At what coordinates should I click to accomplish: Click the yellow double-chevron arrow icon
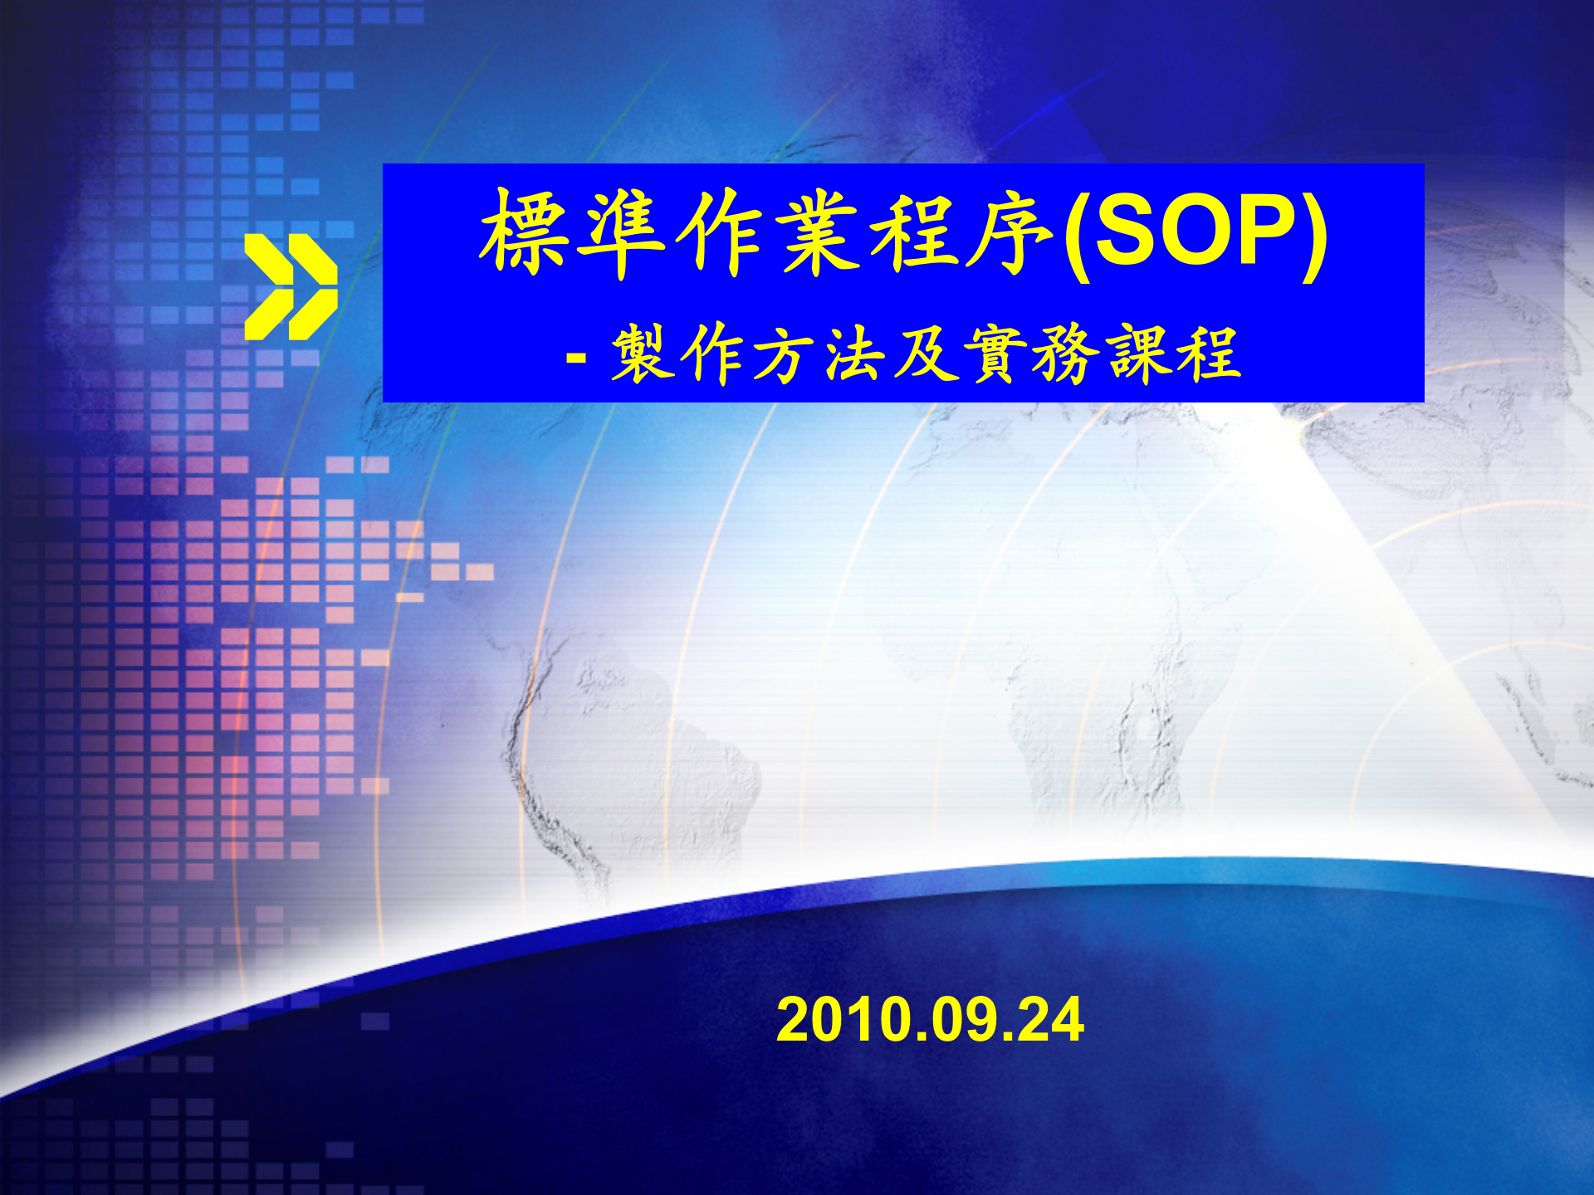click(x=291, y=286)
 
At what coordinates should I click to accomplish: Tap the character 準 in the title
click(x=623, y=232)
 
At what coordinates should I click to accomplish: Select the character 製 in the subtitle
click(x=642, y=354)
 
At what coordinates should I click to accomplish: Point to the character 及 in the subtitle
click(x=924, y=354)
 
